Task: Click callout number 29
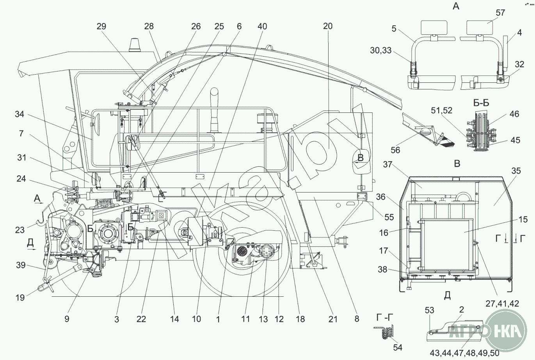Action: coord(101,26)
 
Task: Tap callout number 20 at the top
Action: coord(328,26)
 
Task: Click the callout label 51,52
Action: coord(441,111)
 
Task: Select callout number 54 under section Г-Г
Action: coord(397,347)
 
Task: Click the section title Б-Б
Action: coord(481,103)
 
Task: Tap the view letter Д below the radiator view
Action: coord(447,295)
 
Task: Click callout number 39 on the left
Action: coord(20,265)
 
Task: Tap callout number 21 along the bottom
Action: coord(332,319)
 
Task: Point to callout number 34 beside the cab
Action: coord(20,114)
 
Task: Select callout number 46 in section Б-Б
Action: coord(515,114)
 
